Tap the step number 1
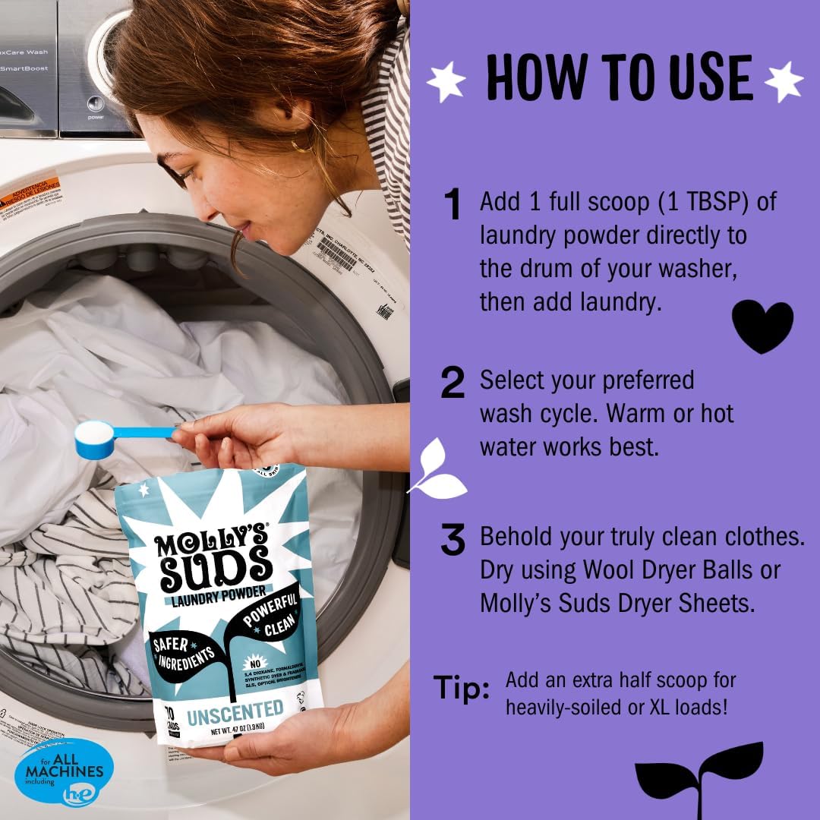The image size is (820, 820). [x=453, y=206]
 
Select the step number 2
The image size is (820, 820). [x=453, y=383]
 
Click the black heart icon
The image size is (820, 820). [x=762, y=326]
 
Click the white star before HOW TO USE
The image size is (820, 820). [x=446, y=81]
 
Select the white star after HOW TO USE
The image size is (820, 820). [x=783, y=80]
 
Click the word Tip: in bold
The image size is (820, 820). [x=462, y=687]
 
